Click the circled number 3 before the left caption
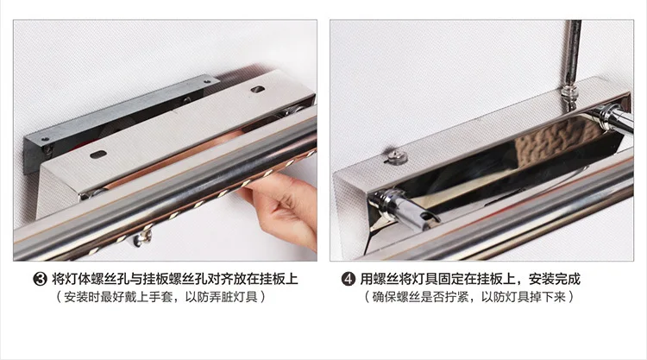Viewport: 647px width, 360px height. click(x=40, y=280)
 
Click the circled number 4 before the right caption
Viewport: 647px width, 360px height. click(x=349, y=280)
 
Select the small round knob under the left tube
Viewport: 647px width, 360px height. click(x=143, y=238)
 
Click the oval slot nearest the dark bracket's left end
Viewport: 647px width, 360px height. click(x=98, y=155)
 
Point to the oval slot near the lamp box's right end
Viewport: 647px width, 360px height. click(x=258, y=89)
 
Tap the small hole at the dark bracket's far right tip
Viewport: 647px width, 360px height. click(x=206, y=82)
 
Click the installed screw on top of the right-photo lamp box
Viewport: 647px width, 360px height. click(x=397, y=157)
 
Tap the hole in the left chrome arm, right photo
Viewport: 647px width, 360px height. click(x=424, y=217)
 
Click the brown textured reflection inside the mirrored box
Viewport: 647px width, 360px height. click(x=553, y=144)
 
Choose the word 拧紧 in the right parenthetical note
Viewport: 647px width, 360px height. click(x=456, y=297)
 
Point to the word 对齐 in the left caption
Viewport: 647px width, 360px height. click(x=220, y=280)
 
